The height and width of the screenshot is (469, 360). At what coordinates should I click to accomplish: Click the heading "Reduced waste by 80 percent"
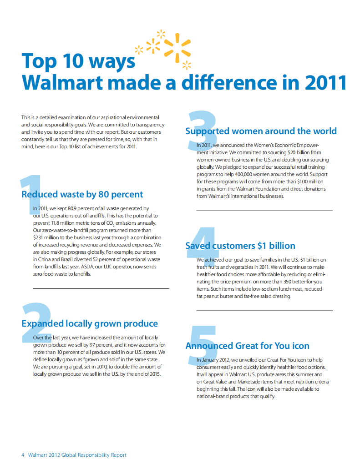point(82,195)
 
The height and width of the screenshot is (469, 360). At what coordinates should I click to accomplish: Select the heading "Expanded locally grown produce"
point(90,324)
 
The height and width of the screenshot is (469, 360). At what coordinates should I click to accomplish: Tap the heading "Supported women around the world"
point(261,131)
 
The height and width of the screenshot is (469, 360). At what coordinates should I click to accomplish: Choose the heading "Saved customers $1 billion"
point(240,246)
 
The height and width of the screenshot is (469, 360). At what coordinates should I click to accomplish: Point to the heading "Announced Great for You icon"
point(247,346)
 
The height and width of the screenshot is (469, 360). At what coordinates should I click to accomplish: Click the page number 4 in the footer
point(23,455)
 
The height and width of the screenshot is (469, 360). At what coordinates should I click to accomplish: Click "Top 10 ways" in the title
point(78,61)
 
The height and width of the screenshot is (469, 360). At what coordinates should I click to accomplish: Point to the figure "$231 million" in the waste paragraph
point(47,237)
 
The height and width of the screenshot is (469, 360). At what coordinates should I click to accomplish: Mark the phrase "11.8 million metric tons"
point(78,223)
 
